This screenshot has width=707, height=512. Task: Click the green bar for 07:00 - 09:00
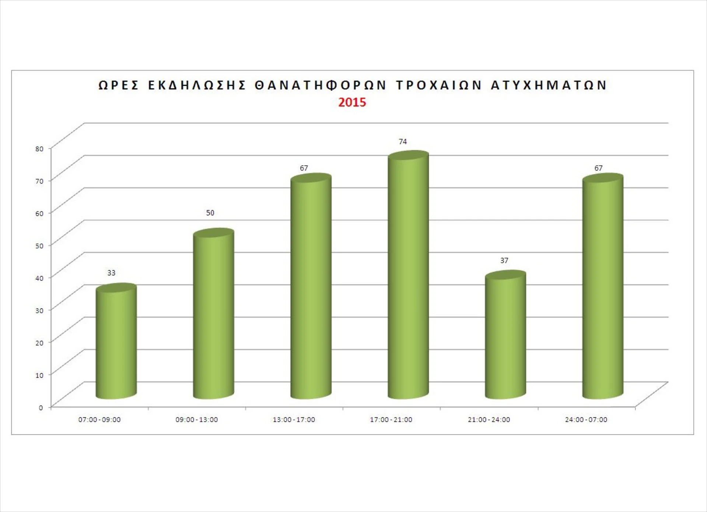click(x=116, y=342)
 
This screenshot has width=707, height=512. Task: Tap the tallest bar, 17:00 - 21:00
click(x=408, y=276)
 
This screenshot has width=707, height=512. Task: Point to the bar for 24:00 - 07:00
click(x=603, y=287)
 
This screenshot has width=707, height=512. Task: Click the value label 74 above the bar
click(x=403, y=142)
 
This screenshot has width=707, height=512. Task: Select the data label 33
click(x=111, y=273)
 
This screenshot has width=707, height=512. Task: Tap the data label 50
click(x=210, y=213)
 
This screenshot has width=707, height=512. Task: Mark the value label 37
click(x=504, y=261)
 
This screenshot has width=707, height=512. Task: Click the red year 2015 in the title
click(x=352, y=102)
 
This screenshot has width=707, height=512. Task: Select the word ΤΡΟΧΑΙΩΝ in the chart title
click(x=439, y=85)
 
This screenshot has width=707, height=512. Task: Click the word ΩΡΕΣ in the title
click(x=119, y=85)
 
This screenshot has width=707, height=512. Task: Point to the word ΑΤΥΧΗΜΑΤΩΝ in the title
click(x=549, y=85)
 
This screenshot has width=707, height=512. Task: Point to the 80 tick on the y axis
click(x=39, y=149)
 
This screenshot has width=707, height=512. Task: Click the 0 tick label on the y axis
click(x=41, y=407)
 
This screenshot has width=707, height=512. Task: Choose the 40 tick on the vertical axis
click(x=39, y=278)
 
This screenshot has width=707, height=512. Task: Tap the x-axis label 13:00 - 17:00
click(x=294, y=420)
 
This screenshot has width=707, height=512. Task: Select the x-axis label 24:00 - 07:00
click(x=586, y=420)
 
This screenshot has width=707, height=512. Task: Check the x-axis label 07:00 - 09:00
click(x=99, y=420)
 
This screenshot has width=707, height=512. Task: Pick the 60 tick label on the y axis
click(x=39, y=213)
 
